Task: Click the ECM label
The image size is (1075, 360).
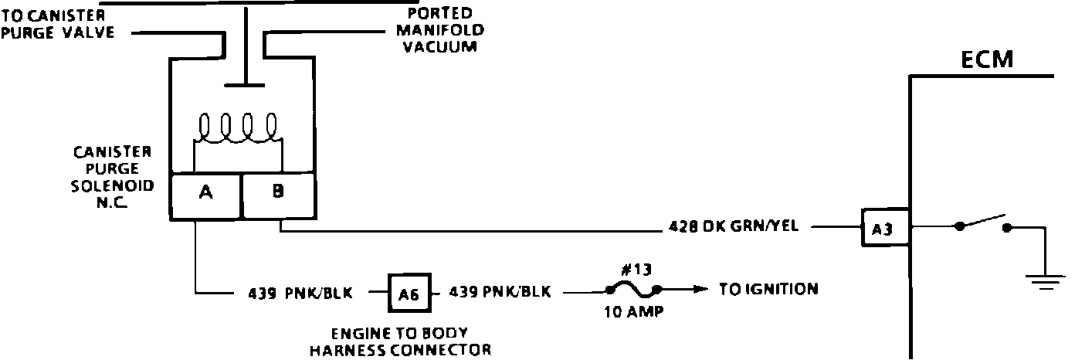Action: click(x=986, y=59)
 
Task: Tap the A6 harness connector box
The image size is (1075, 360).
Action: click(x=407, y=292)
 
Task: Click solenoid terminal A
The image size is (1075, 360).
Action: click(x=205, y=194)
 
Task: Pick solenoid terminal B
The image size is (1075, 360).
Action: click(x=278, y=194)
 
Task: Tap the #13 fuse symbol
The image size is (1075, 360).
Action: click(x=633, y=290)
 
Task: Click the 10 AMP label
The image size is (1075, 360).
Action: click(x=632, y=314)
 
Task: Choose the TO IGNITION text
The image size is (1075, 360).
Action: click(x=768, y=290)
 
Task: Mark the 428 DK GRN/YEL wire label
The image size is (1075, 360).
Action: click(x=734, y=227)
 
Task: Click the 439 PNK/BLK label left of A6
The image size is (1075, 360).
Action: click(x=300, y=293)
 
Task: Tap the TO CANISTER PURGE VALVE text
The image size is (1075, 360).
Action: click(x=57, y=24)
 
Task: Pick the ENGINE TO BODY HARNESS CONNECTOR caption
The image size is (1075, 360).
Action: click(x=400, y=341)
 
